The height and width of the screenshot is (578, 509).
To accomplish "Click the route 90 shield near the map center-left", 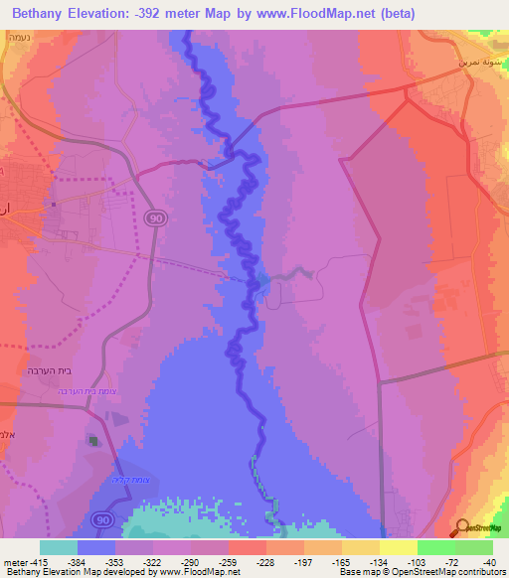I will point(156,217).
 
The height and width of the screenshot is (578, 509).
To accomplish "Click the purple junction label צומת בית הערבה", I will point(102,390).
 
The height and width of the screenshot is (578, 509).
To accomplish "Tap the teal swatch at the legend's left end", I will point(59,547).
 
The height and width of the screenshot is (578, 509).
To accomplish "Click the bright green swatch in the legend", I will point(435,547).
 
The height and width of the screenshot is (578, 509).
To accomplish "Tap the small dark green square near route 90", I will point(94,440).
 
